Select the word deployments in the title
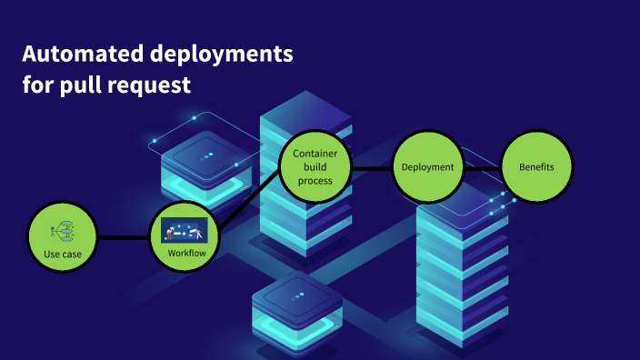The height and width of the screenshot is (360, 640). point(219,55)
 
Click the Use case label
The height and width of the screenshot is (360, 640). point(63,254)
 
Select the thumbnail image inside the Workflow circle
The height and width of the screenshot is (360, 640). point(185,229)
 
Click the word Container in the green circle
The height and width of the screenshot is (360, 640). point(315,154)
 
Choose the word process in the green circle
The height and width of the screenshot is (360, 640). point(315,181)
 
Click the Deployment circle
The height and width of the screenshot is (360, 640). point(427,167)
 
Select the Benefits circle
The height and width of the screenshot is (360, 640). point(536,167)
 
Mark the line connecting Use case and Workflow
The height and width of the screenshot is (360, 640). point(123,237)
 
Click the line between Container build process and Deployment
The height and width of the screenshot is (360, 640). point(371,167)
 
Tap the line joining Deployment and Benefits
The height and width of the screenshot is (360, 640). point(482,167)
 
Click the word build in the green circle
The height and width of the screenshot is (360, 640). point(315,167)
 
